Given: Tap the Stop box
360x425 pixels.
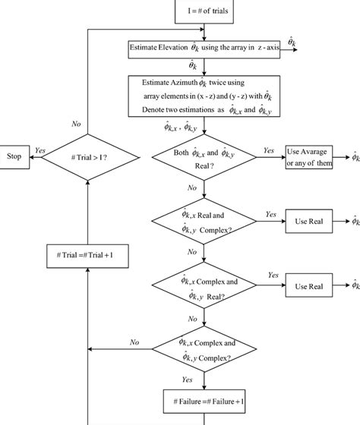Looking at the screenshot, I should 14,157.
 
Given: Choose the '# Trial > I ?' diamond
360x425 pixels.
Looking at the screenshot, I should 89,157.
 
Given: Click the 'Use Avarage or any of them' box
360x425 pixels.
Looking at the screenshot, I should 308,158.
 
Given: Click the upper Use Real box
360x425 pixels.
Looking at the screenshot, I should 308,222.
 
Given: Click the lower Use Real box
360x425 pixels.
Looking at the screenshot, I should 308,286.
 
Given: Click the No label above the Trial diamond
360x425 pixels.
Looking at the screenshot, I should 77,122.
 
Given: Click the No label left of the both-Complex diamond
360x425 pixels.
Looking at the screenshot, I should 134,342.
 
